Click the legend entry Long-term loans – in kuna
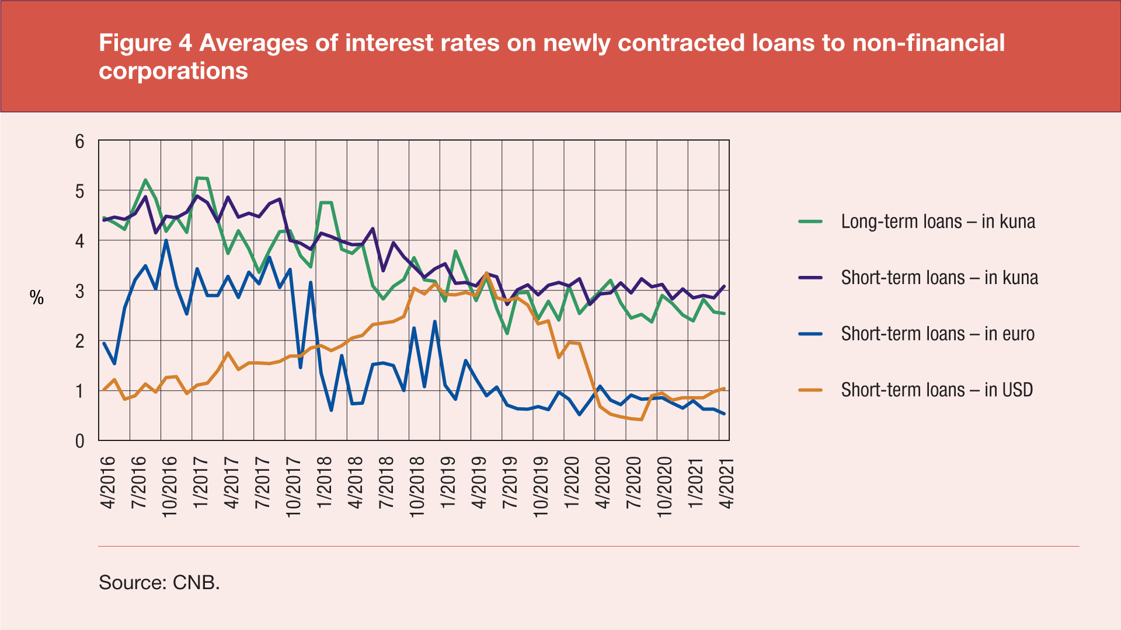coord(938,222)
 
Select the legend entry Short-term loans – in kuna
coord(939,278)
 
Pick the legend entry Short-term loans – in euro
coord(938,334)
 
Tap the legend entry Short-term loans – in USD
coord(937,390)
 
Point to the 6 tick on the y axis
coord(80,141)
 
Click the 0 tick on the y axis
coord(80,441)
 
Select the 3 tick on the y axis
coord(80,291)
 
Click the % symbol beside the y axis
coord(37,298)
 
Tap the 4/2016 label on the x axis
coord(109,483)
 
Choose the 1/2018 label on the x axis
coord(324,483)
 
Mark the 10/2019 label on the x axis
coord(541,487)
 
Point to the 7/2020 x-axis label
coord(634,483)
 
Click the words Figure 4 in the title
coord(145,43)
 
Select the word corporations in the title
coord(173,71)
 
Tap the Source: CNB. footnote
coord(159,582)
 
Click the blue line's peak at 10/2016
coord(166,240)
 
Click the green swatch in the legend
coord(810,222)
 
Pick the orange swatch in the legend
coord(810,390)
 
